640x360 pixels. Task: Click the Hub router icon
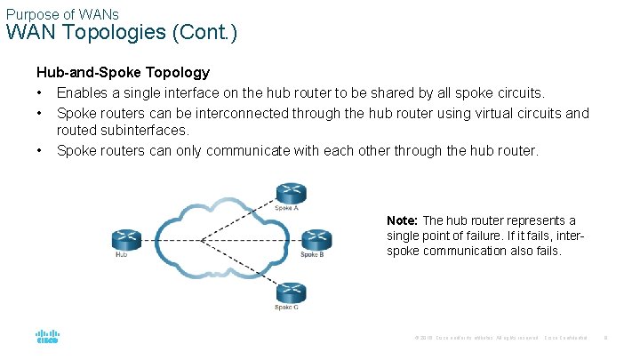(x=126, y=238)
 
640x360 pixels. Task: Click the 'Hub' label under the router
(x=122, y=255)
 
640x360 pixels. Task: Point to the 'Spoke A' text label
(x=286, y=208)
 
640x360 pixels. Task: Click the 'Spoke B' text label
(x=311, y=255)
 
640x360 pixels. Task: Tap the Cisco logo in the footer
(x=47, y=338)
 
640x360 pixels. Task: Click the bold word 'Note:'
(x=403, y=220)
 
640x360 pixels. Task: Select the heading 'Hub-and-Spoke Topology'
(x=123, y=72)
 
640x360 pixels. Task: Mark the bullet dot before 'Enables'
(x=40, y=92)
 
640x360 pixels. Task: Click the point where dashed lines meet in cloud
(x=202, y=239)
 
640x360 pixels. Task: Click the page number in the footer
(x=605, y=339)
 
